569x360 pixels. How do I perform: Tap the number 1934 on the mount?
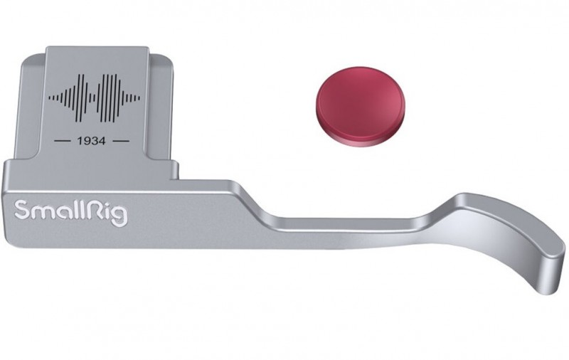(92, 141)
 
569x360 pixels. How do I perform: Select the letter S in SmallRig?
(22, 210)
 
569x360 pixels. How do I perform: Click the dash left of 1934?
(62, 141)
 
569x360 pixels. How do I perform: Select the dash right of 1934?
(121, 141)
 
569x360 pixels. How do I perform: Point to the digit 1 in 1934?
(80, 141)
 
